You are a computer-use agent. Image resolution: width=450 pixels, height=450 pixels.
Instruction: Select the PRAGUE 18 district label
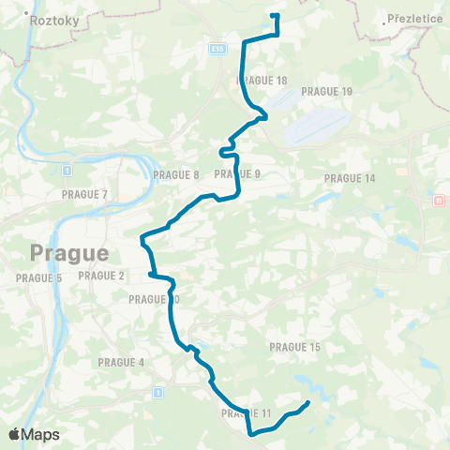click(x=262, y=81)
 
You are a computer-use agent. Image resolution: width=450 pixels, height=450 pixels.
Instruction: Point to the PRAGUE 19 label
click(x=328, y=91)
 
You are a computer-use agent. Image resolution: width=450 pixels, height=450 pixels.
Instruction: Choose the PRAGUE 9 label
click(x=237, y=173)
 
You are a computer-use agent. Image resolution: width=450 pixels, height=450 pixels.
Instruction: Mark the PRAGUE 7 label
click(x=85, y=195)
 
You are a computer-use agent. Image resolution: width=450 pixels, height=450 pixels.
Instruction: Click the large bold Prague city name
click(x=69, y=252)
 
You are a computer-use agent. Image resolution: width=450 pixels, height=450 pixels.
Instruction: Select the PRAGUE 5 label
click(x=38, y=278)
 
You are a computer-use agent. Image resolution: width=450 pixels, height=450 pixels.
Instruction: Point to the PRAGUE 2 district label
click(x=102, y=276)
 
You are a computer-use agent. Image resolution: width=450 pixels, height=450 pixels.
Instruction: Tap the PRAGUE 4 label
click(x=122, y=362)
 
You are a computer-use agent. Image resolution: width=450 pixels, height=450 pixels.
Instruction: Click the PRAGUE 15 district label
click(x=295, y=347)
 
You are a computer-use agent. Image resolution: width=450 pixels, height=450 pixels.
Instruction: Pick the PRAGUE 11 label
click(x=247, y=412)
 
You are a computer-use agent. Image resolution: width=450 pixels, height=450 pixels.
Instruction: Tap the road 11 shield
click(x=439, y=201)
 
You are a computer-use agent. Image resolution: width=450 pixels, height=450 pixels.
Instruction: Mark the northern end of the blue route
click(x=273, y=15)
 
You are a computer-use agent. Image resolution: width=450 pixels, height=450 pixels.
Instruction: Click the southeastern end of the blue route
click(x=308, y=404)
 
